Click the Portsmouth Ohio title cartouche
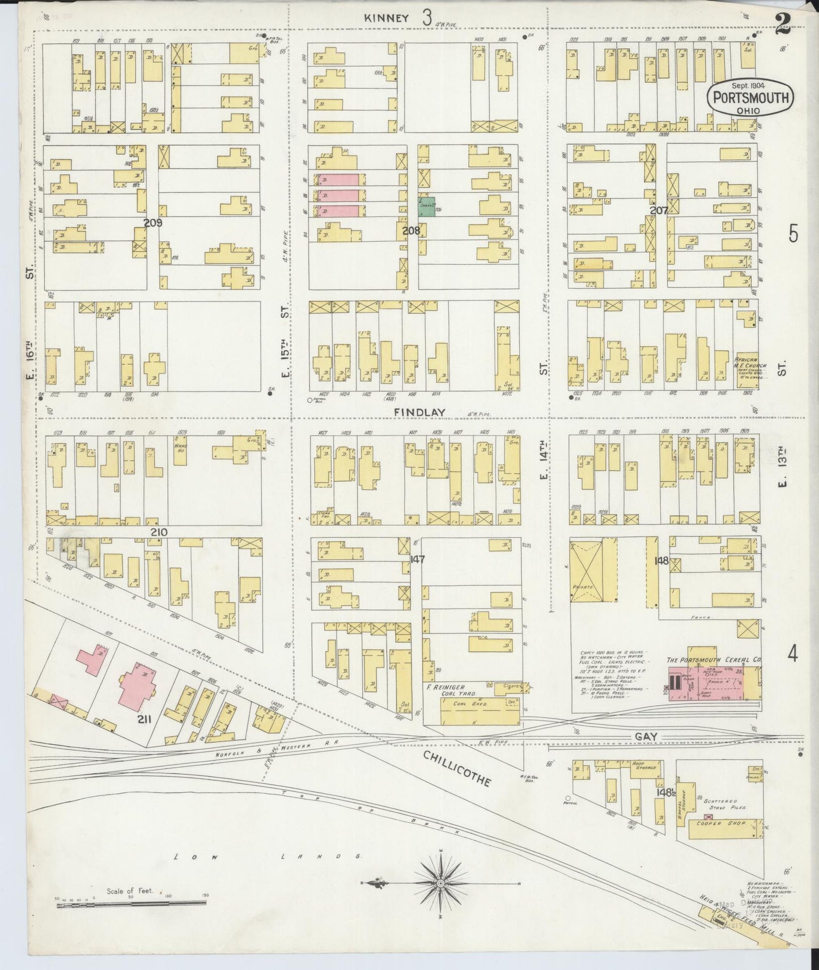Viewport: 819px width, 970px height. (749, 99)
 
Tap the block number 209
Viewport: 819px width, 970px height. (152, 223)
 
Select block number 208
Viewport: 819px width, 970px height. (410, 231)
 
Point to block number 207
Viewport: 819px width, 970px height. (659, 210)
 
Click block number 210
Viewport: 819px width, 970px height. (159, 532)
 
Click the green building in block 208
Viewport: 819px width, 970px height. (427, 206)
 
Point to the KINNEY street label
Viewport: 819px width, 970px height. (387, 18)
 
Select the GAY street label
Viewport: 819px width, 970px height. (646, 736)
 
